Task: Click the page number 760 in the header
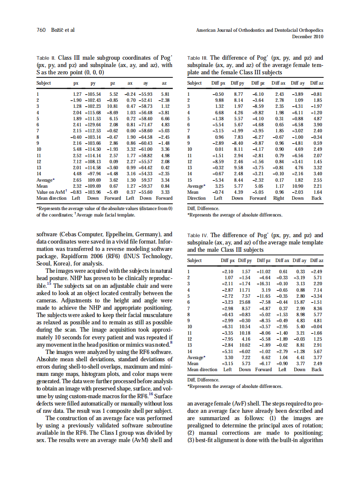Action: click(41, 30)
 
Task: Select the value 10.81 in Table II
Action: click(112, 106)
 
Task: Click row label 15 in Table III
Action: click(190, 180)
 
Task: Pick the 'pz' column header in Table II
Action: click(113, 83)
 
